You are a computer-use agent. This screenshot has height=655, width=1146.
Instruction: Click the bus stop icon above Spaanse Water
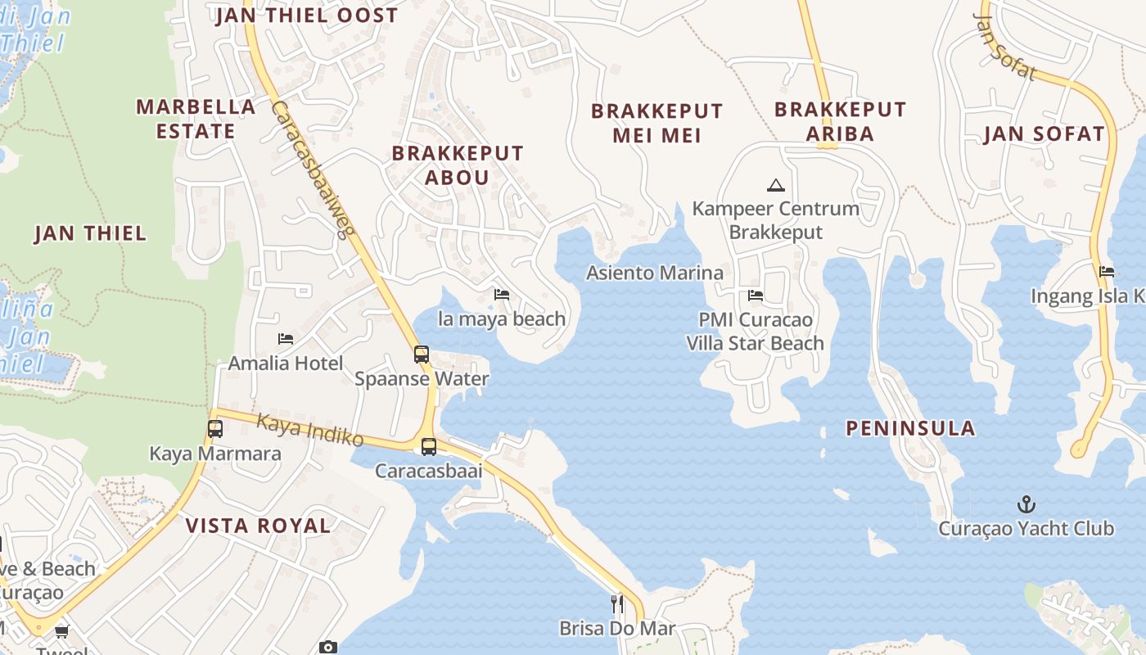pos(422,355)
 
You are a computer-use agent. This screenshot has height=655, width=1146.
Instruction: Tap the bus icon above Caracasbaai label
pos(429,447)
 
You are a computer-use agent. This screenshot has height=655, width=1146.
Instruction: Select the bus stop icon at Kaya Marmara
pos(215,428)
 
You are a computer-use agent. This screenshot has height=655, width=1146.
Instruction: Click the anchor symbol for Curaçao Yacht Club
pos(1025,504)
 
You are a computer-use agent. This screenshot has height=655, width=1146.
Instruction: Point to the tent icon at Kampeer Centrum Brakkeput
pos(776,185)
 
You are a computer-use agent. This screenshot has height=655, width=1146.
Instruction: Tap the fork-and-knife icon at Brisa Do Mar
pos(618,604)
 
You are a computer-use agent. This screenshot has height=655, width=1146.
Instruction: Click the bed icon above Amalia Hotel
pos(286,338)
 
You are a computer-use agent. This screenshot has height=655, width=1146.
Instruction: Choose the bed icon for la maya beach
pos(502,294)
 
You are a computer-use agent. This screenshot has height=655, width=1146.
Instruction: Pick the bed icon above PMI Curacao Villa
pos(756,295)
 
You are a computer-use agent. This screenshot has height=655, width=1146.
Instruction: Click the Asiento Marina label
pos(655,273)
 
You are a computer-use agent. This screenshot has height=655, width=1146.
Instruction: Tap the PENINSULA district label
pos(910,427)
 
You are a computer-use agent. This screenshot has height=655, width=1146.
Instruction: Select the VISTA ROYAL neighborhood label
pos(259,526)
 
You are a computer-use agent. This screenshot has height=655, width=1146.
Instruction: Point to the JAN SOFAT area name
pos(1044,134)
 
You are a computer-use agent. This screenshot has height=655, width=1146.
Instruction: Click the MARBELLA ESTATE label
pos(196,119)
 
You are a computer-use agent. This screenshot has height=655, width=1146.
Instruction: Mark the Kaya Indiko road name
pos(310,431)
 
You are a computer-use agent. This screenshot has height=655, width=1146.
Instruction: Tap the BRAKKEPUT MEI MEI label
pos(657,123)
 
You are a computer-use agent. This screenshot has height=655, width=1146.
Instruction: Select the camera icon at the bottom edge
pos(327,648)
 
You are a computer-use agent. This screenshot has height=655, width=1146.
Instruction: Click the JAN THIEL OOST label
pos(306,16)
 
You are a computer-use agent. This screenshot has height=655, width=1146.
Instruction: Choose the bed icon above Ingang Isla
pos(1107,272)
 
